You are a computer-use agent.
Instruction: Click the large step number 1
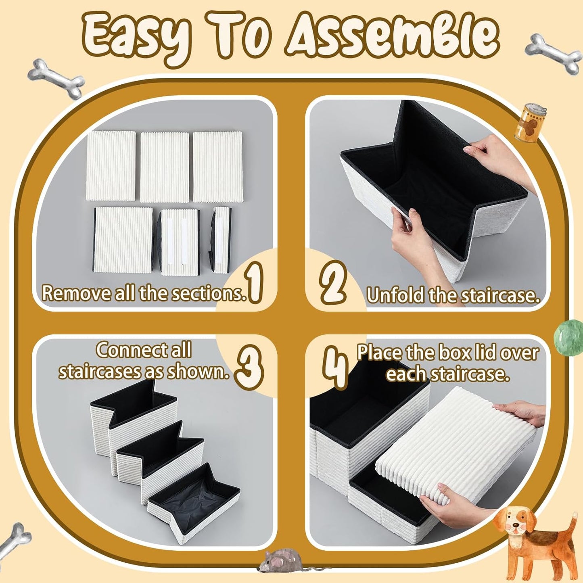(x=255, y=282)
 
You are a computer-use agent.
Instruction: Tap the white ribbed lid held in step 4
(x=456, y=444)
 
